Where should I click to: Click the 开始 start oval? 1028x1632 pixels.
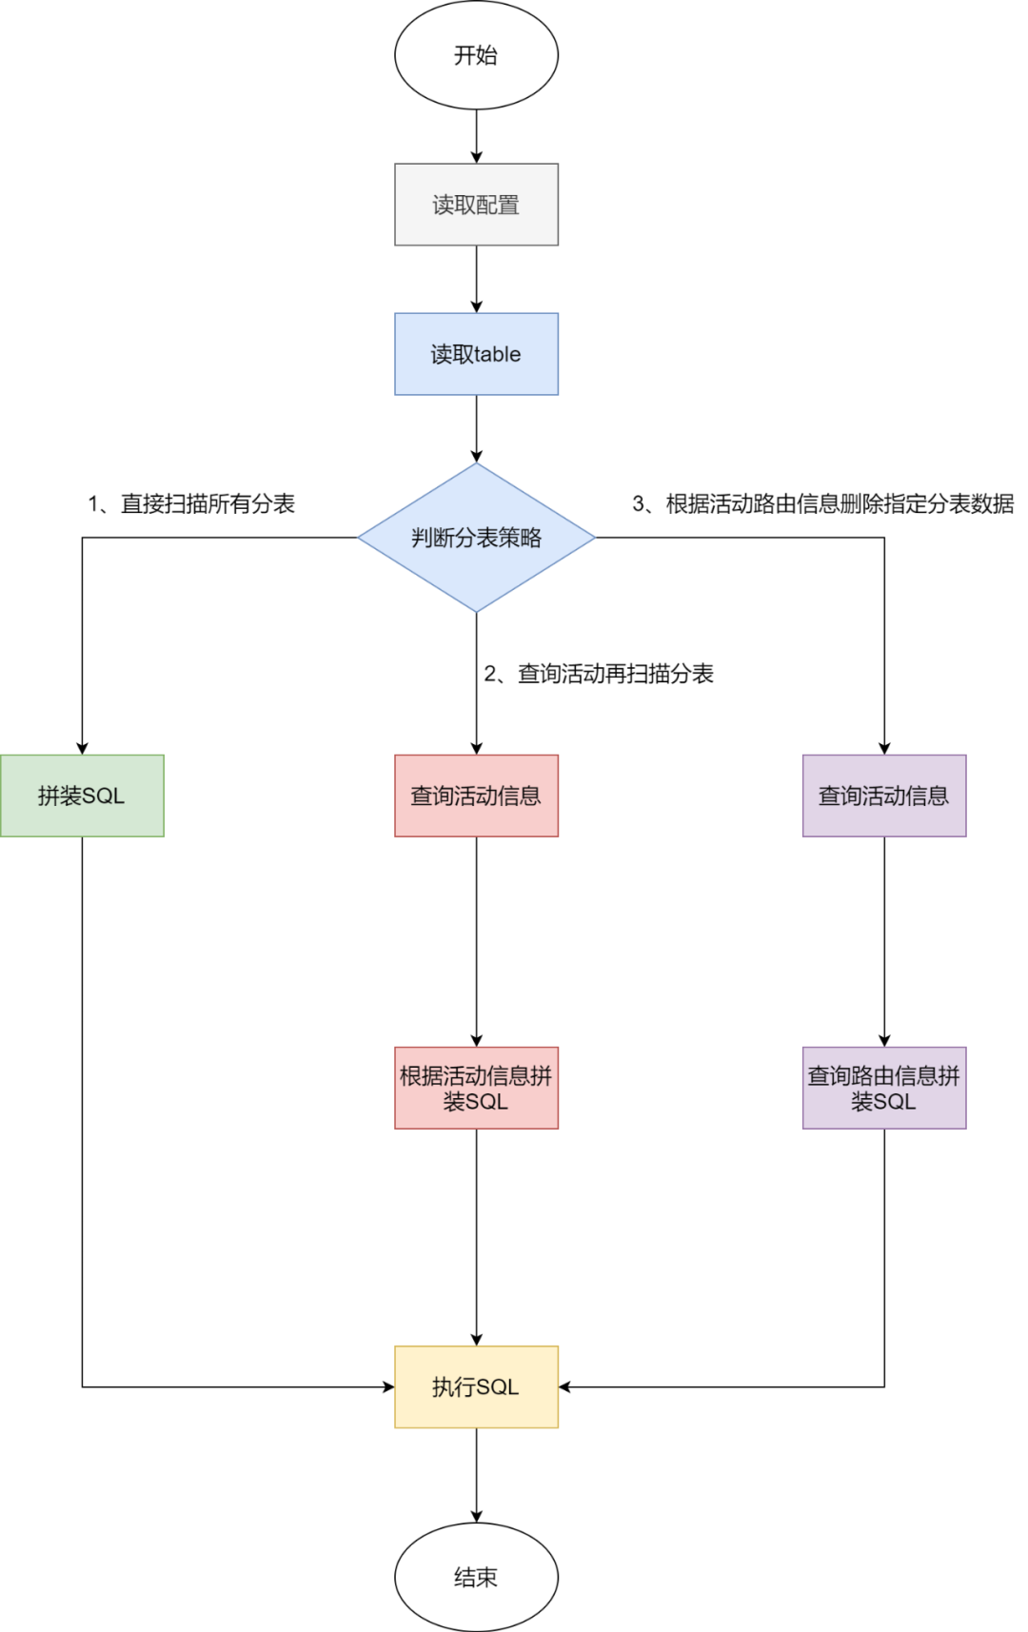click(476, 55)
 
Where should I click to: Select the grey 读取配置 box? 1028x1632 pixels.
click(476, 205)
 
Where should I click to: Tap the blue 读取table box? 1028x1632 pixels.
click(476, 354)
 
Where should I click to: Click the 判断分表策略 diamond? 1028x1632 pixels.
click(476, 538)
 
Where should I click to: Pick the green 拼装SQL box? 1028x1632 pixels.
click(82, 796)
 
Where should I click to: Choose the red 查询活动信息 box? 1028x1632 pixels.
click(476, 796)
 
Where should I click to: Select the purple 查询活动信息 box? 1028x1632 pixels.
click(883, 796)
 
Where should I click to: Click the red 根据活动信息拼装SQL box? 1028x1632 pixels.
click(476, 1088)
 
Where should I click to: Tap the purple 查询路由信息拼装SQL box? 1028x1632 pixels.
click(883, 1088)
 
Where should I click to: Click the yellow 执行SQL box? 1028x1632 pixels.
click(476, 1386)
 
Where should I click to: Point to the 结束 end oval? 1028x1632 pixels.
click(476, 1577)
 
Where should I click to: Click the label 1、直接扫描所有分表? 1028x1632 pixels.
click(191, 503)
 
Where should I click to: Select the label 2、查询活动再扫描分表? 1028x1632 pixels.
click(599, 674)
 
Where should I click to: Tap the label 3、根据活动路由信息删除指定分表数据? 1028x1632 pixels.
click(823, 503)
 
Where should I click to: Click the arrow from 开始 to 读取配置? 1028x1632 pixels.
click(476, 136)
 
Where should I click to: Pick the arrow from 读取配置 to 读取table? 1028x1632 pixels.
click(476, 279)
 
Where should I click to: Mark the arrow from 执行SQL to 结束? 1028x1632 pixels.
click(476, 1475)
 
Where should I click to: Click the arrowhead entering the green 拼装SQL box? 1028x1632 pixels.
click(82, 748)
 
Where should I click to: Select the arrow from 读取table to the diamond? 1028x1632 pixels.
click(476, 428)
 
